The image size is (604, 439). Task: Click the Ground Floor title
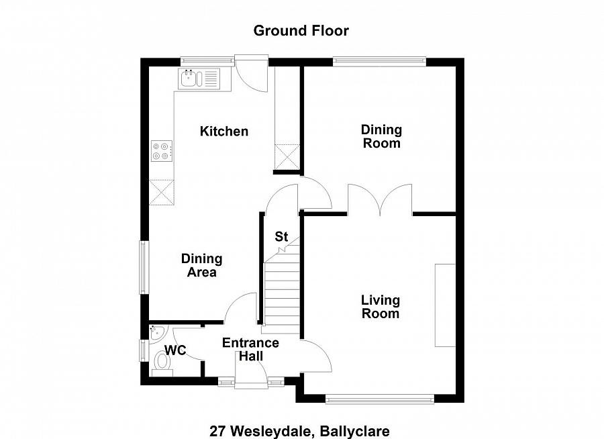[x=301, y=30]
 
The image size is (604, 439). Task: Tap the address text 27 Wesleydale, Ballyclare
[x=299, y=430]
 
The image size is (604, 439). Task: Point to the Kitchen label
[x=224, y=132]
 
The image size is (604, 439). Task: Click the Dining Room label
[x=381, y=136]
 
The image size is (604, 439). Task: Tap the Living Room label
[x=381, y=307]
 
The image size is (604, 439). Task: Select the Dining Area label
[x=202, y=266]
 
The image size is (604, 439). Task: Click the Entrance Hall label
[x=250, y=349]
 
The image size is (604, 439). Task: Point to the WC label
[x=176, y=350]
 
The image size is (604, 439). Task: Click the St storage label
[x=281, y=237]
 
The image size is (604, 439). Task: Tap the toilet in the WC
[x=162, y=362]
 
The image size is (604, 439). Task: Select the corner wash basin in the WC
[x=156, y=332]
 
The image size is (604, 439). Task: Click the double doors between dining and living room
[x=380, y=201]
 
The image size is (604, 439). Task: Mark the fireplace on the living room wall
[x=445, y=305]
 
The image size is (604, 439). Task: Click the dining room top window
[x=380, y=62]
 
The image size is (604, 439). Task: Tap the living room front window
[x=379, y=399]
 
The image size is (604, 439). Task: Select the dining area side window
[x=143, y=266]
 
